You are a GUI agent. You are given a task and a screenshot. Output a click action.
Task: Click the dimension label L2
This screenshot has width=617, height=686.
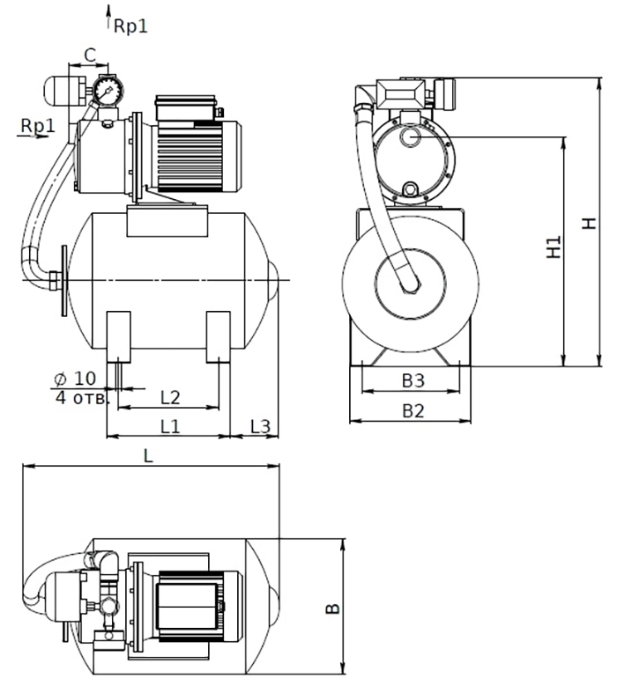[x=170, y=397]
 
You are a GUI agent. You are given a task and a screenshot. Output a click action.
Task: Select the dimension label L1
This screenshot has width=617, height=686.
[x=170, y=426]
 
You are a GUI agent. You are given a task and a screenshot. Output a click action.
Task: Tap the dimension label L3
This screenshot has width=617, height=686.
[x=260, y=426]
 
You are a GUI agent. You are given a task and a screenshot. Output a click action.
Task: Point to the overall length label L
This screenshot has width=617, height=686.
[x=148, y=456]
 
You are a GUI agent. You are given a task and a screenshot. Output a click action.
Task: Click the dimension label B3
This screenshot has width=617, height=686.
[x=413, y=380]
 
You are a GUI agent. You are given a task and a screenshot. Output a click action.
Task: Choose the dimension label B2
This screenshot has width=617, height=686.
[x=413, y=411]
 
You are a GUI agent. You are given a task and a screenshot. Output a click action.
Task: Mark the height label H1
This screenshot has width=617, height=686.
[x=554, y=247]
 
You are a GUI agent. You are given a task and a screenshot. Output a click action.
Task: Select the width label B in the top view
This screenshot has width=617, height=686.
[x=333, y=609]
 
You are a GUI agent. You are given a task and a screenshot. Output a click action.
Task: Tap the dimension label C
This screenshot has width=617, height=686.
[x=89, y=55]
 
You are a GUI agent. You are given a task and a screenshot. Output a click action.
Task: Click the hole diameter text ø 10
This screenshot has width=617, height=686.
[x=74, y=379]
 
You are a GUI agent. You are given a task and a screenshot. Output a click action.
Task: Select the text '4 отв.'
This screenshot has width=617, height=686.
[x=81, y=398]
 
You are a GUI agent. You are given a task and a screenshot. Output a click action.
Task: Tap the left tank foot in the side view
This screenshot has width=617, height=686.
[x=119, y=337]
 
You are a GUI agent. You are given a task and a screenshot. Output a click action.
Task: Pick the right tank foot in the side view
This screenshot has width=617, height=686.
[x=218, y=337]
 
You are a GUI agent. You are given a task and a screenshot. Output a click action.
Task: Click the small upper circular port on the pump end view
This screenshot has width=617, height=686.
[x=410, y=137]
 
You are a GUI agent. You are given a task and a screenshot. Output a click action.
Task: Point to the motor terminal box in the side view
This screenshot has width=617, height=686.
[x=186, y=107]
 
